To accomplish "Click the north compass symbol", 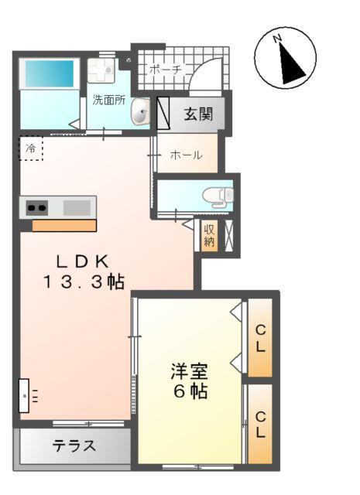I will tap(286, 58).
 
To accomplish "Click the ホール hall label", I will tap(186, 155).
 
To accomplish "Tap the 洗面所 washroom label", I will tap(108, 100).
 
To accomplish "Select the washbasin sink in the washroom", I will tap(141, 114).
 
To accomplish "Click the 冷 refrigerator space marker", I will tap(31, 148).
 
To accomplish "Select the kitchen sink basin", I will tap(76, 207).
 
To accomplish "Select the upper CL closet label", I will tap(261, 338).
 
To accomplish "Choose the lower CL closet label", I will tap(261, 425).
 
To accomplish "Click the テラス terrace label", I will tap(74, 446).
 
